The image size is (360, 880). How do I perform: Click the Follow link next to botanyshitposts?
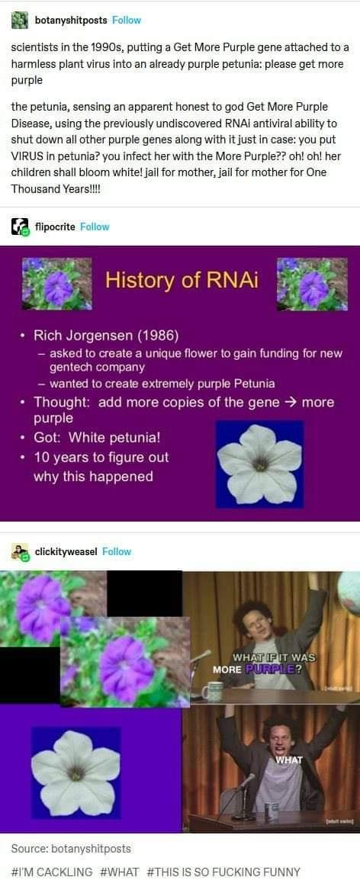(126, 20)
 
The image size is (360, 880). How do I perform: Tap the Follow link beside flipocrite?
(95, 226)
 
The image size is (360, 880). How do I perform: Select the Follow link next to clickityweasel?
(117, 551)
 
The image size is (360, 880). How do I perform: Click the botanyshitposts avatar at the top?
(20, 20)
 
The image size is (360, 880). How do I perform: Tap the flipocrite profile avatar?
(20, 226)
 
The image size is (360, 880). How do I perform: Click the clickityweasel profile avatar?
(20, 551)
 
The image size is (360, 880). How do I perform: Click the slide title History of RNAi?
(182, 280)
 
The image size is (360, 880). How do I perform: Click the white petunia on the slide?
(259, 463)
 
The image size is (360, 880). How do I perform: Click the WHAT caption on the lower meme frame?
(288, 760)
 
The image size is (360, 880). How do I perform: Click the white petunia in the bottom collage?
(76, 772)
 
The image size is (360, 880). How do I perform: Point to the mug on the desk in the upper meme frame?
(213, 691)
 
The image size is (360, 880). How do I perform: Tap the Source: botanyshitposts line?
(71, 848)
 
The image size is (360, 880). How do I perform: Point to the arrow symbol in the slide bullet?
(291, 402)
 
